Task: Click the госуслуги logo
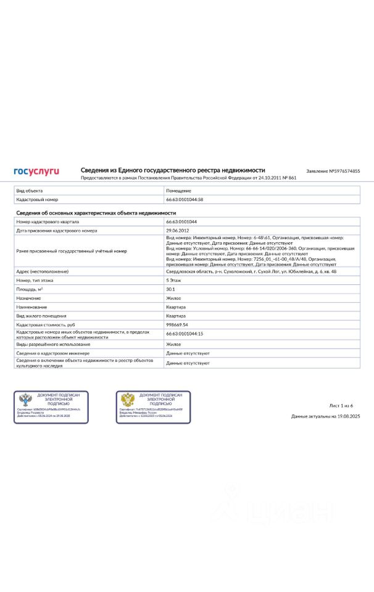pos(36,171)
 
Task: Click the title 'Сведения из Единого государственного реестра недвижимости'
pos(173,170)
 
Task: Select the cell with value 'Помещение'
pos(179,191)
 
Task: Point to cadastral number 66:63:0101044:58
pos(185,200)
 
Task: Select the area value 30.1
pos(171,289)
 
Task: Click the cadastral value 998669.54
pos(177,324)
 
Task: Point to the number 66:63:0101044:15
pos(185,333)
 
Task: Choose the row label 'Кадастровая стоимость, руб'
pos(45,324)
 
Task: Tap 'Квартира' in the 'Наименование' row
pos(176,306)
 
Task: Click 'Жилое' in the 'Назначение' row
pos(173,298)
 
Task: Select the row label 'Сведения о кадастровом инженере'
pos(53,353)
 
